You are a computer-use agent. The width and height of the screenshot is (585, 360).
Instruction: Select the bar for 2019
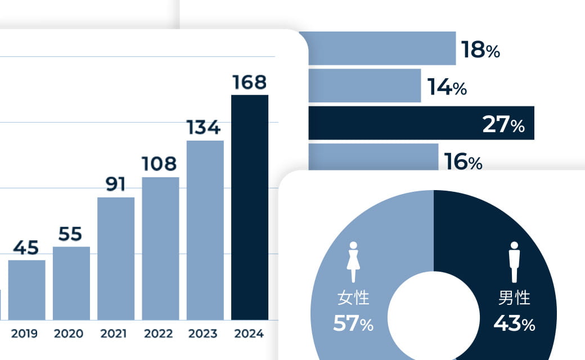click(26, 290)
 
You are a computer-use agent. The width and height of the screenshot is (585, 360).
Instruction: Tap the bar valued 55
click(71, 283)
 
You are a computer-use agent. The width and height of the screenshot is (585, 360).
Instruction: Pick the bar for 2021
click(116, 258)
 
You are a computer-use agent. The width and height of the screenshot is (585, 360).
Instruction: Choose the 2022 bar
click(160, 248)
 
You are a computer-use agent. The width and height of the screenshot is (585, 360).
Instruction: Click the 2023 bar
click(205, 230)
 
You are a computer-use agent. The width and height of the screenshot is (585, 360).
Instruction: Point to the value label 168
click(250, 83)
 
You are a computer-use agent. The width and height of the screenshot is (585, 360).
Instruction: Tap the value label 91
click(115, 184)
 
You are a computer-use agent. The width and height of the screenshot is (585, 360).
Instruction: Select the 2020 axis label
click(69, 334)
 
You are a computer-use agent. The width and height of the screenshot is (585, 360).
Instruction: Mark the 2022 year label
click(158, 334)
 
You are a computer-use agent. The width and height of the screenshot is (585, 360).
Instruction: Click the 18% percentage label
click(480, 50)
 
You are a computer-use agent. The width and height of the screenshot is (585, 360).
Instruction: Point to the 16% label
click(463, 162)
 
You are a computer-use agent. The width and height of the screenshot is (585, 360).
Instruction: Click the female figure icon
click(353, 262)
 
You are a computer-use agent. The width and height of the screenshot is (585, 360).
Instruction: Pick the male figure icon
click(514, 262)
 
